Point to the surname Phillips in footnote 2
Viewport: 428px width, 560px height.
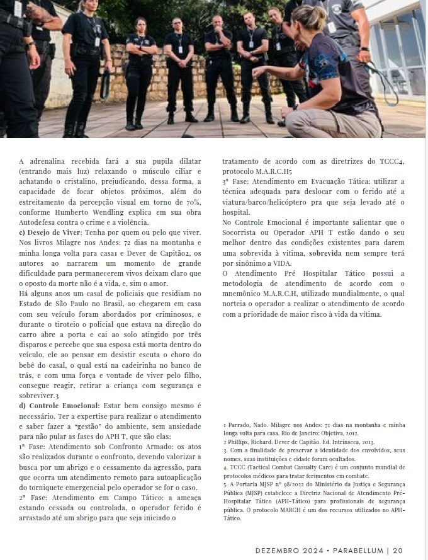[x=242, y=443]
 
